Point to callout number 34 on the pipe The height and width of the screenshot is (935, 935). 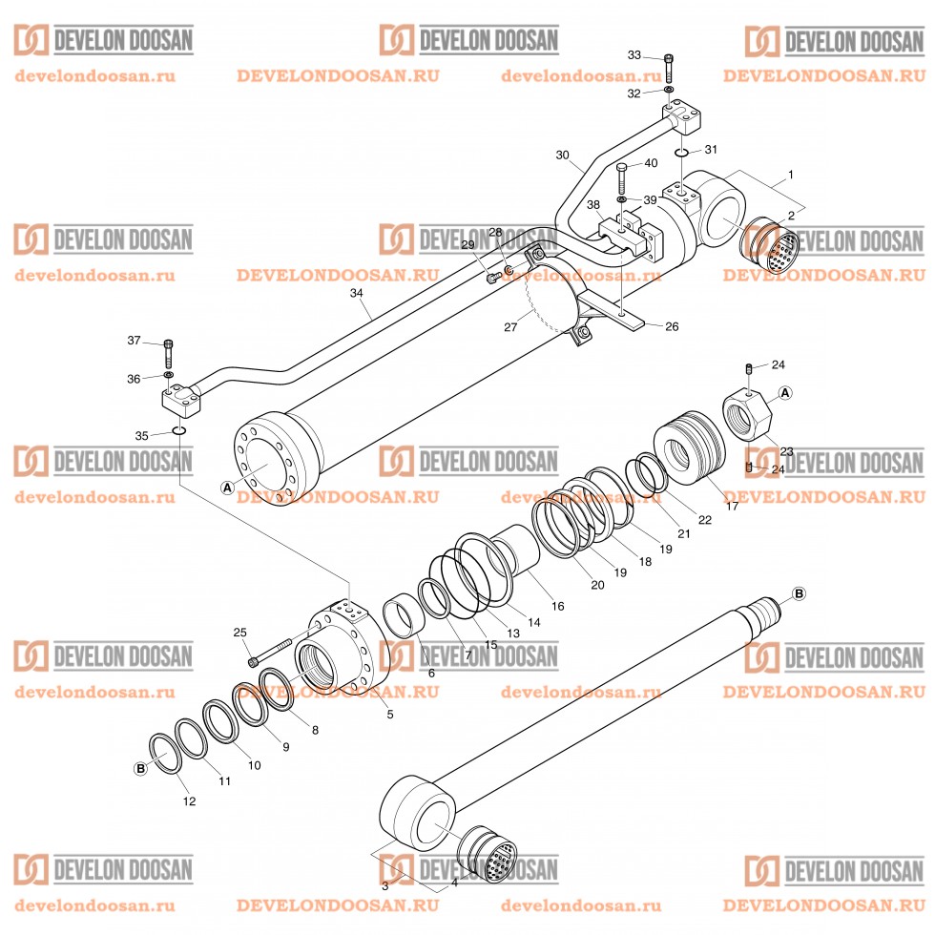pos(356,295)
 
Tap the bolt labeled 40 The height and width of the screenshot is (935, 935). pos(622,178)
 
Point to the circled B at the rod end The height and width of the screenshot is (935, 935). pos(799,593)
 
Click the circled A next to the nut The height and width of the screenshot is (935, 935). pos(785,392)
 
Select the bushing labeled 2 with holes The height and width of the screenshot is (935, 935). pos(771,246)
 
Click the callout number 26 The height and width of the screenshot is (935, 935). pos(671,326)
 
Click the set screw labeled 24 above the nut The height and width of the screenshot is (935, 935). pos(750,368)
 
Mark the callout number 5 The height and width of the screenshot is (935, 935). pos(389,714)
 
